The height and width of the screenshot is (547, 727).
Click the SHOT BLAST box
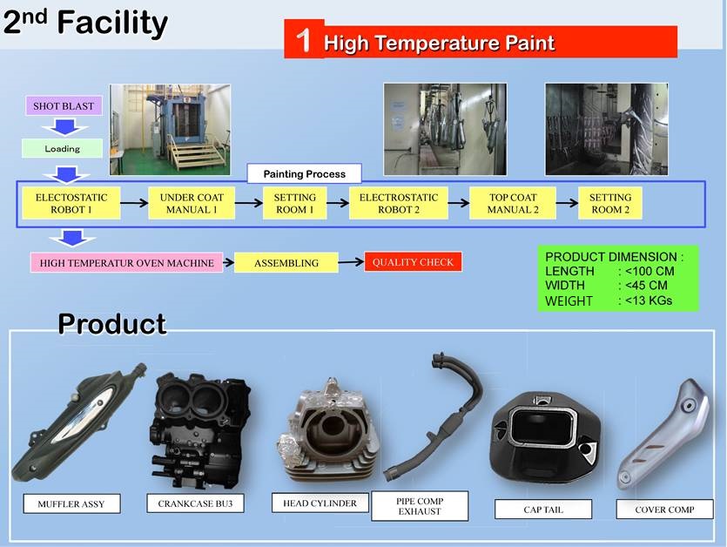click(64, 105)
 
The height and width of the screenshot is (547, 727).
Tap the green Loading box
click(62, 148)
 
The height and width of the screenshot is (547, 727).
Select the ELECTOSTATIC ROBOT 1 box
click(71, 203)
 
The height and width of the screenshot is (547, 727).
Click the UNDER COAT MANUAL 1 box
click(192, 203)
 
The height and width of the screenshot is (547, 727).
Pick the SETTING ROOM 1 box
click(295, 203)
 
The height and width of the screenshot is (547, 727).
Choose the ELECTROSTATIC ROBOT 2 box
click(399, 203)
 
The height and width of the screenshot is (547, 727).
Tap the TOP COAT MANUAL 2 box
click(513, 203)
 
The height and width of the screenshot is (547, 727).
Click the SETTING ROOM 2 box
click(610, 203)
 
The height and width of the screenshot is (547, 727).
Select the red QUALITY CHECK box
click(413, 262)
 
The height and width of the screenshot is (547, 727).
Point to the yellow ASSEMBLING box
click(286, 262)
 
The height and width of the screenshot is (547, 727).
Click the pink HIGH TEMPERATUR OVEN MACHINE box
click(126, 262)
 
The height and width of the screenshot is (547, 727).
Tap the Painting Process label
click(304, 174)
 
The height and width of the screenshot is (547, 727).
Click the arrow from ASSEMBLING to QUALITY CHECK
click(351, 262)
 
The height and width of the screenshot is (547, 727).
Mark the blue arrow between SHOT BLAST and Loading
click(65, 126)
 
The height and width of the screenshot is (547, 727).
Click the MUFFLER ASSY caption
click(72, 503)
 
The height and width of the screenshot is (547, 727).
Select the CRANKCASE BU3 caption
click(195, 503)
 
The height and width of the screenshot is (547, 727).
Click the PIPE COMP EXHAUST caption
click(420, 506)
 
